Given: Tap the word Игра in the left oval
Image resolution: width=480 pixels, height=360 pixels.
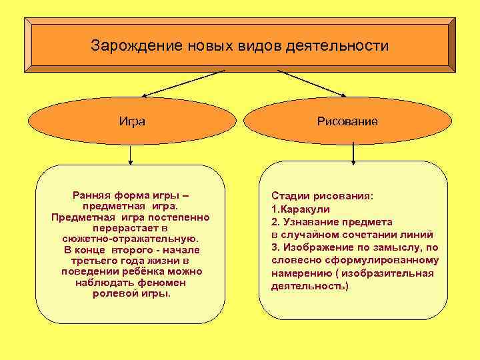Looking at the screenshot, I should click(132, 121).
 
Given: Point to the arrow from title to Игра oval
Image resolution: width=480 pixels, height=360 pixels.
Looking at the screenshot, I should click(180, 83).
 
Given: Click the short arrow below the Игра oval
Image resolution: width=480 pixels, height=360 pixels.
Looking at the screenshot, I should click(131, 155).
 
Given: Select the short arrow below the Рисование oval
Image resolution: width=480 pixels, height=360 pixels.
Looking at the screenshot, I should click(353, 152).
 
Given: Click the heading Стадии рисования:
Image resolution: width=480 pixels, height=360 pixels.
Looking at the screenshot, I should click(323, 197).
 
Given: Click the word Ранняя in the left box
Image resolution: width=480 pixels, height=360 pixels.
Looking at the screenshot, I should click(90, 195).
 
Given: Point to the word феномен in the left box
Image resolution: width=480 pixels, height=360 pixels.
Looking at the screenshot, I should click(159, 283).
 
